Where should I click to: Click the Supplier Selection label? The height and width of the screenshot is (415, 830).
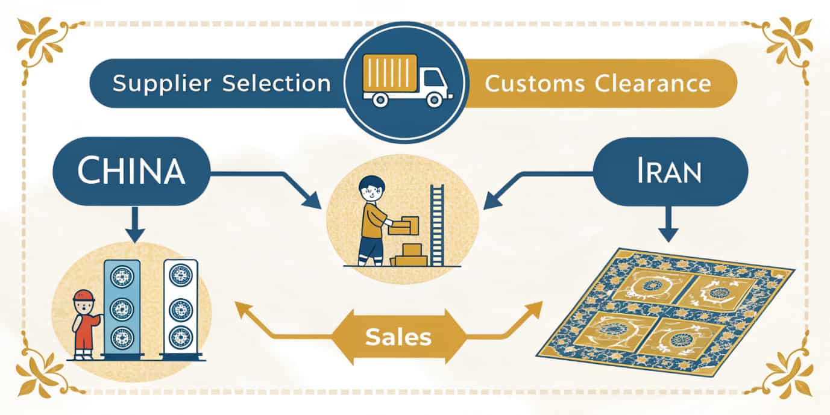[x=221, y=83]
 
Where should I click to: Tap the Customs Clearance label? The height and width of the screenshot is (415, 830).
[x=597, y=83]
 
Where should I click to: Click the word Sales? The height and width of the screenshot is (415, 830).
[x=398, y=337]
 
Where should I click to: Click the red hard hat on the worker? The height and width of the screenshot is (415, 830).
[x=84, y=295]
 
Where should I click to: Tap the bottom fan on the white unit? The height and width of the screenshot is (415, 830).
[x=180, y=336]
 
